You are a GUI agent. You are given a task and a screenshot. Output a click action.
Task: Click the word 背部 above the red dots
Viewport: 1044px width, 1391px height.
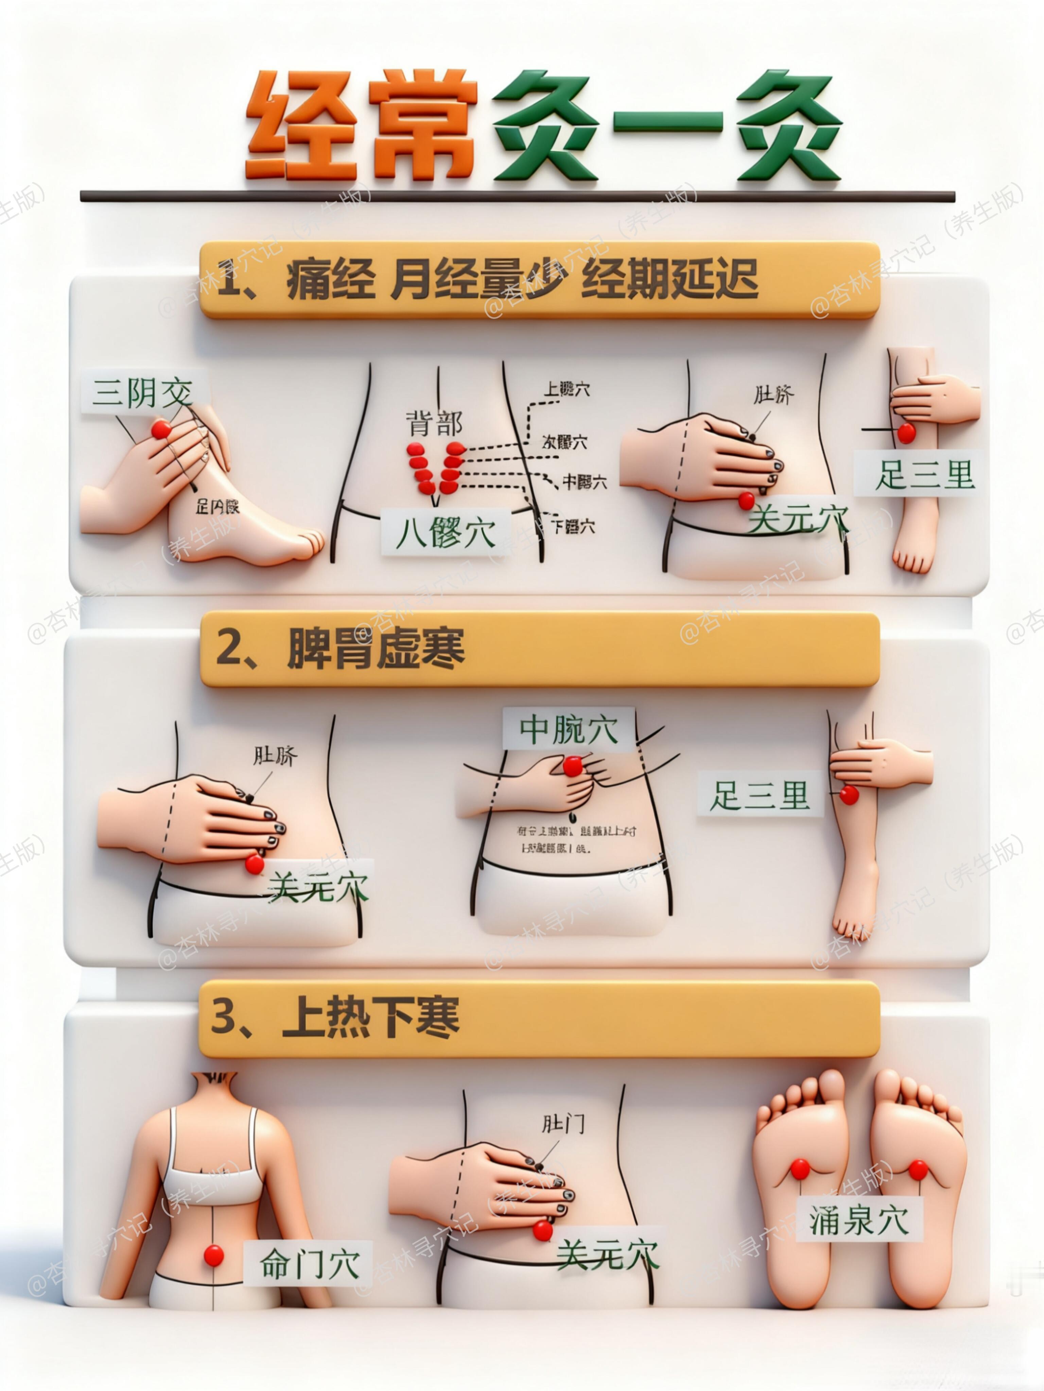[434, 423]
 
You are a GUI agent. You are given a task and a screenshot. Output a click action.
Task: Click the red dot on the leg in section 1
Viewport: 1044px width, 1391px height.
[906, 433]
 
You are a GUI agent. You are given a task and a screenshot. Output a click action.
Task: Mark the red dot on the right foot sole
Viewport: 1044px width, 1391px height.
[918, 1170]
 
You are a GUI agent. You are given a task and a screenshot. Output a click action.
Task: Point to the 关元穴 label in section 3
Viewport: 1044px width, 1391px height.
[607, 1255]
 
